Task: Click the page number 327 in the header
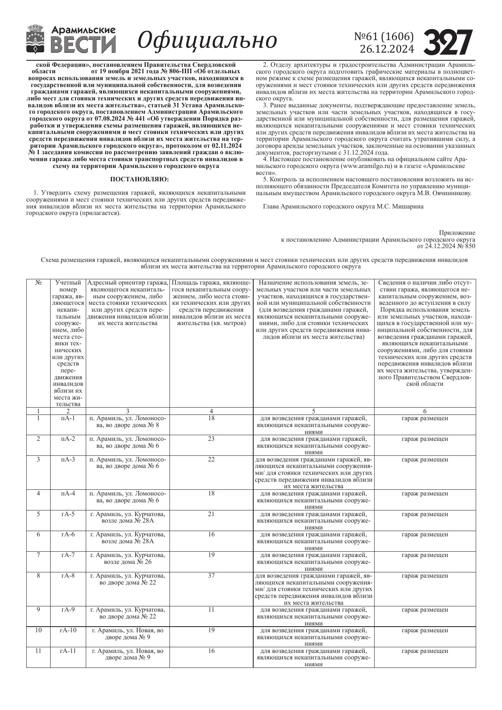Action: coord(448,42)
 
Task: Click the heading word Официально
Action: coord(207,40)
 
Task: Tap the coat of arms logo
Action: coord(36,39)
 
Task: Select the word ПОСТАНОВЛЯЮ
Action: coord(140,179)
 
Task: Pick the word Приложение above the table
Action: coord(457,233)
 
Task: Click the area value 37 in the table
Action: coord(211,576)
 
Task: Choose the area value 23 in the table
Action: coord(211,439)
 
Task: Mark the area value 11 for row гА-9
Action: coord(211,610)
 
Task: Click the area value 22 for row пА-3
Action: coord(211,459)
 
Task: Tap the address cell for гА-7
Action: coord(128,558)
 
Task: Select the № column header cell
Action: coord(38,283)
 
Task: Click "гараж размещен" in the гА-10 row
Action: coord(425,630)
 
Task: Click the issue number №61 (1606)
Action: coord(384,37)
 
